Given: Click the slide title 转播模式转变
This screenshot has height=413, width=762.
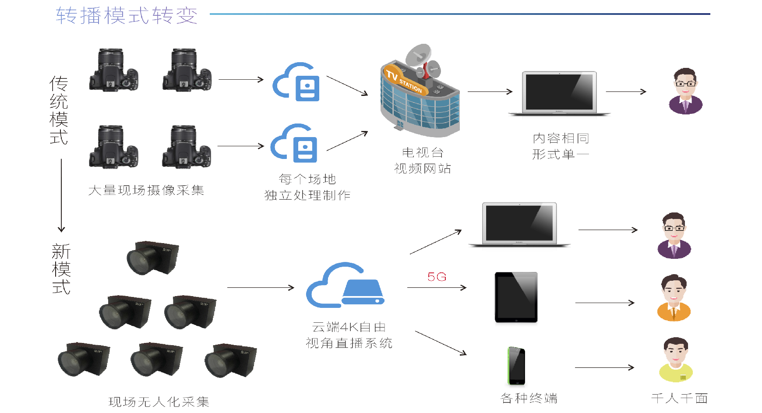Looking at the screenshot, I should point(127,15).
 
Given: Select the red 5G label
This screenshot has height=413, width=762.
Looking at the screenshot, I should point(437,277).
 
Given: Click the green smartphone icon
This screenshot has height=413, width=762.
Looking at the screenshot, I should point(516,366).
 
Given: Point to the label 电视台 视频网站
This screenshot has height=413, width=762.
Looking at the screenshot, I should point(423,160).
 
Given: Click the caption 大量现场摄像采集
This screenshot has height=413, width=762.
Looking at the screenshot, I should point(146,190).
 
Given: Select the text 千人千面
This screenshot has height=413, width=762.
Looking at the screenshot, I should point(679,398).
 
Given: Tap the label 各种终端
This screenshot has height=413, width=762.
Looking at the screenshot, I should point(529,398).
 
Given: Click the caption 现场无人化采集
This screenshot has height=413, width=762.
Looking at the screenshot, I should point(159,402).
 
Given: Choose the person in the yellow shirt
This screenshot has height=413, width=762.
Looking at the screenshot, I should point(676,360).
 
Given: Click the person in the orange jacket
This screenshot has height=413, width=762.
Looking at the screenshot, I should point(674,298).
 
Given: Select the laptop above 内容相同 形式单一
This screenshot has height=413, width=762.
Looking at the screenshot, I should point(559,93).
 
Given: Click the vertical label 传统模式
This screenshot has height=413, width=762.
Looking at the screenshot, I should point(59,110).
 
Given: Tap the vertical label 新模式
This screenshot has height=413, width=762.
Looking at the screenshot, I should point(61,269).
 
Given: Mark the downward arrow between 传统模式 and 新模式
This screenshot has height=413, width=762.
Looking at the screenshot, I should point(61,195).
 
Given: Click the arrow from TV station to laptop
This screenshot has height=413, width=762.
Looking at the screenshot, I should point(490,92).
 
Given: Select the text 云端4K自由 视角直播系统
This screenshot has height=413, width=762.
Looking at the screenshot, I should point(349,335).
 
